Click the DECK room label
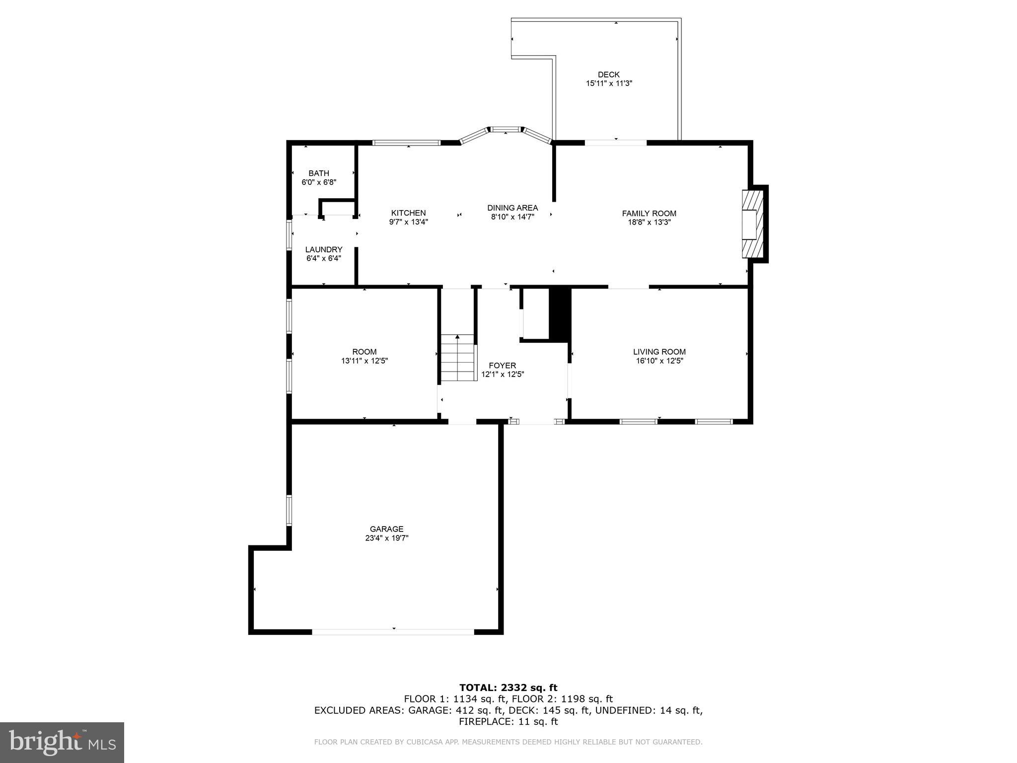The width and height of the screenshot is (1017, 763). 608,75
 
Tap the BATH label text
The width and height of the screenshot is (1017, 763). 319,173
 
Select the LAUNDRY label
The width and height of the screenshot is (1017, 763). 324,249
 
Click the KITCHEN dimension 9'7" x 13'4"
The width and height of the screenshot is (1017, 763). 408,222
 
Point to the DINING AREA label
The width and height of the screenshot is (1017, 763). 512,208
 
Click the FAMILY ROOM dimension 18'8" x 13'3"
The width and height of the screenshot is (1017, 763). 649,223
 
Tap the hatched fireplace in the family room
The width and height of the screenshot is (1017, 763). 752,224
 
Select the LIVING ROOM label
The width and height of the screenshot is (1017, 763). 659,352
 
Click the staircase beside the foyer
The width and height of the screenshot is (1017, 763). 457,358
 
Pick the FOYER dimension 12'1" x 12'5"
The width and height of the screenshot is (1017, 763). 503,375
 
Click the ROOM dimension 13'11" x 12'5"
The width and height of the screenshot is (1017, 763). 364,361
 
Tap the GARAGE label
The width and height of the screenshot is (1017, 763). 386,529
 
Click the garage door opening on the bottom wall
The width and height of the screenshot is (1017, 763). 393,632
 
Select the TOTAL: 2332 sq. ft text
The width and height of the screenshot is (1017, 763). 508,687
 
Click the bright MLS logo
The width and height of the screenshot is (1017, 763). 62,742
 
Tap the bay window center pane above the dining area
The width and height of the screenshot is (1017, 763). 506,130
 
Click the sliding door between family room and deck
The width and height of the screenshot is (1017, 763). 616,143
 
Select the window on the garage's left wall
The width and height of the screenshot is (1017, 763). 289,510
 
